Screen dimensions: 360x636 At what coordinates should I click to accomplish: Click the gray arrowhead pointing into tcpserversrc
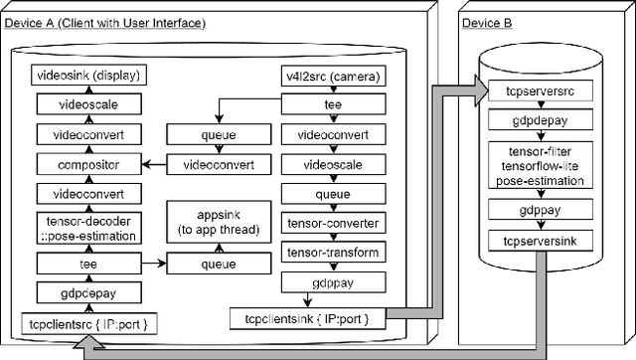[478, 90]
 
